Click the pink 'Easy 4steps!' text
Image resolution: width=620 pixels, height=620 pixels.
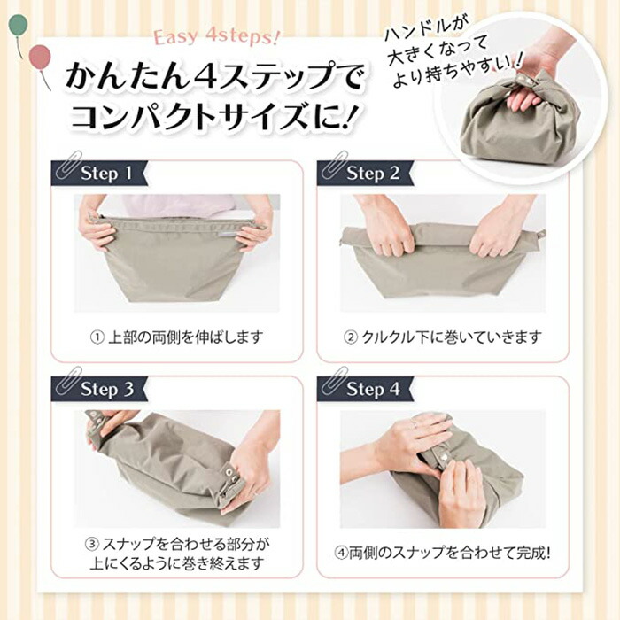(x=216, y=37)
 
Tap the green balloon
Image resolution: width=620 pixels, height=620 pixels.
(x=18, y=25)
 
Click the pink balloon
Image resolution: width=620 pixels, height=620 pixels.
(x=41, y=55)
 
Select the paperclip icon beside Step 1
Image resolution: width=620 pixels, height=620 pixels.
(x=67, y=164)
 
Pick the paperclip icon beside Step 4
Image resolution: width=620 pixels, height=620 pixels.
(x=334, y=380)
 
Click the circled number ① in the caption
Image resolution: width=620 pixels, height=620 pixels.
(x=97, y=338)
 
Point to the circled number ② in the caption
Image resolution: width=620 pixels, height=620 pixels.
(x=351, y=338)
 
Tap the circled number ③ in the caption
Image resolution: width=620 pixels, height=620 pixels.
(x=92, y=545)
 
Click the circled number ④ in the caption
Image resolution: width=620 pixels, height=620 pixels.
(x=341, y=553)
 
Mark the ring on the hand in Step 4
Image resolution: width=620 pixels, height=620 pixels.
(x=414, y=424)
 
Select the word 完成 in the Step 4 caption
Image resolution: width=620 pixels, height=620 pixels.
(x=531, y=553)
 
